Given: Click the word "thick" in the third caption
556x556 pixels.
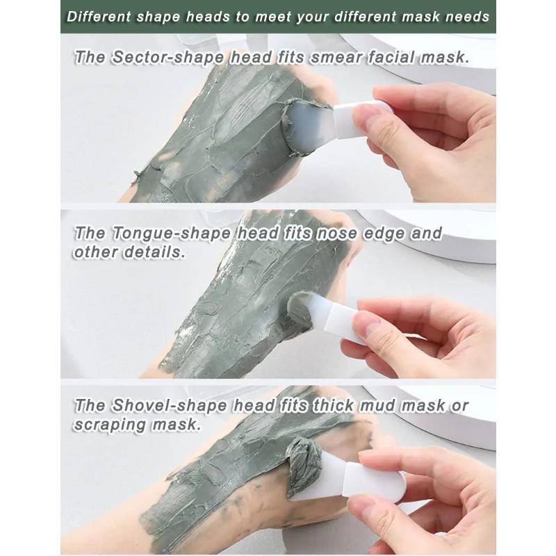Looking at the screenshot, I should (x=335, y=406).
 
